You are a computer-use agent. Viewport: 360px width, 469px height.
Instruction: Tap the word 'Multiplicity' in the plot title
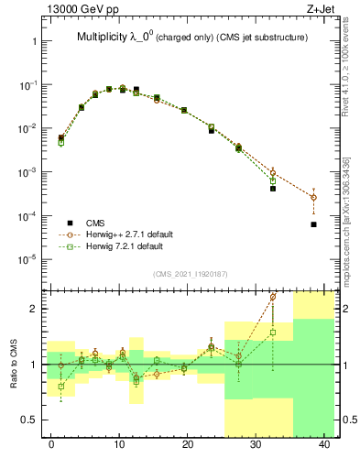[104, 37]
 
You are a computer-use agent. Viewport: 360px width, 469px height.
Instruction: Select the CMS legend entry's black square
[70, 223]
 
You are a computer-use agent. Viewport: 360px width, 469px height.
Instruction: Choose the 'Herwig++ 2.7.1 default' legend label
[136, 234]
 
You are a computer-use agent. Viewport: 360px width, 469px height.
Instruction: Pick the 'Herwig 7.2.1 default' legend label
[131, 246]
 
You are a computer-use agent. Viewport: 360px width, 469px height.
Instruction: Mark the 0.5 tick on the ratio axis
[34, 420]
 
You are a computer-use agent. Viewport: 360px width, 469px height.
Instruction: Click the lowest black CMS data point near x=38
[313, 224]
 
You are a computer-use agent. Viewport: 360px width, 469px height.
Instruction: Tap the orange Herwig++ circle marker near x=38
[313, 197]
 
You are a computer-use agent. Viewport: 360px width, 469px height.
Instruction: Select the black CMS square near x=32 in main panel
[273, 189]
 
